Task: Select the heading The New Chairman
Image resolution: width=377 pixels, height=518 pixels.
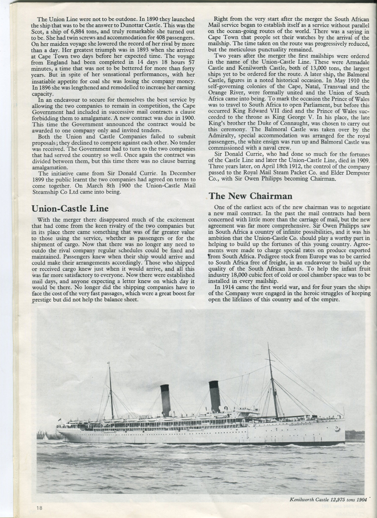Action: [243, 196]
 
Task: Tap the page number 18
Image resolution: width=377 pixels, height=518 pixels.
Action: [39, 507]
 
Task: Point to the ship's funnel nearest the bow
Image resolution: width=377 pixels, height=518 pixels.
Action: [215, 396]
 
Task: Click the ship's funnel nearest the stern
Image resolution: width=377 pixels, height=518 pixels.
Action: [165, 400]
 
